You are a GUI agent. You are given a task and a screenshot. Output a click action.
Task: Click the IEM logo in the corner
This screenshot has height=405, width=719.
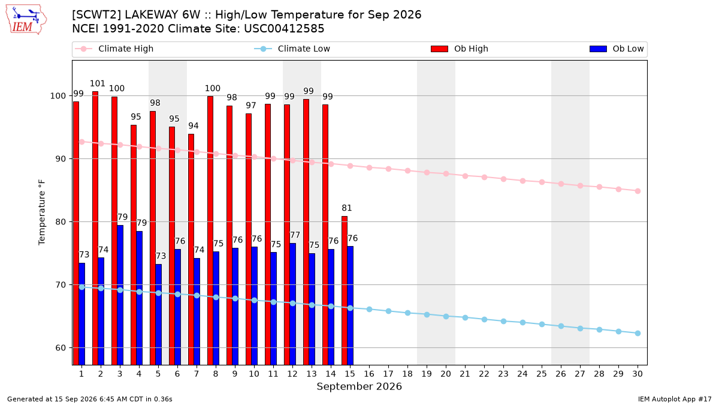coord(26,20)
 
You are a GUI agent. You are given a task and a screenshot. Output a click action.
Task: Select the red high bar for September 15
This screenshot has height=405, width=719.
coord(345,290)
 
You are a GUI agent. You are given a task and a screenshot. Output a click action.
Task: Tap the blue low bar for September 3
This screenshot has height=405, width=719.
coord(120,295)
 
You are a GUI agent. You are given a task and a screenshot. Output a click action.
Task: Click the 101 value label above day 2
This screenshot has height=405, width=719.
coord(98,83)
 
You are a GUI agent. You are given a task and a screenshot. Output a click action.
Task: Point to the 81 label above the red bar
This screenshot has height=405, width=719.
coord(347,208)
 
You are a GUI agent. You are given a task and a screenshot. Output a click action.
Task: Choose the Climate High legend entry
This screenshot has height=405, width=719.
coord(114,49)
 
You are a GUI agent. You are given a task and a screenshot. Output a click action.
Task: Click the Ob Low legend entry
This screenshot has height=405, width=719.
coord(617,49)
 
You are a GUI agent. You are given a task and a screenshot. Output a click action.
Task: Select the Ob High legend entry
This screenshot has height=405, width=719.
coord(460,49)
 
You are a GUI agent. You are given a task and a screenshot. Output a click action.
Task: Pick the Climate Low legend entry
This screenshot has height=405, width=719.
coord(292,49)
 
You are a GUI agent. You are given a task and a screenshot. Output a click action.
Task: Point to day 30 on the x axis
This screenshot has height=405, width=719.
coord(638,374)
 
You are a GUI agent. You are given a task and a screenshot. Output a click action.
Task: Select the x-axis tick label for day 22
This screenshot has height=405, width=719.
coord(484,374)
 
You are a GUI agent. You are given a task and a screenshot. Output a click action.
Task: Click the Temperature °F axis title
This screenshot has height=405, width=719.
coord(42,213)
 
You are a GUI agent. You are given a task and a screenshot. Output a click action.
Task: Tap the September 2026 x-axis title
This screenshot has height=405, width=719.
coord(359,386)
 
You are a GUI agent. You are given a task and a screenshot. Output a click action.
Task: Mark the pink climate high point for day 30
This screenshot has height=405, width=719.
coord(638,191)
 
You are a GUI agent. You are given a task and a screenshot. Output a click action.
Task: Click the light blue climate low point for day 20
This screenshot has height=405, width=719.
coord(446,317)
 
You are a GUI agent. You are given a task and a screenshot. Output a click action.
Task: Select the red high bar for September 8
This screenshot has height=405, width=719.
coord(210,230)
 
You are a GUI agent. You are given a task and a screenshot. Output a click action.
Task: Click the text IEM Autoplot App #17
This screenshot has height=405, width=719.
coord(675,399)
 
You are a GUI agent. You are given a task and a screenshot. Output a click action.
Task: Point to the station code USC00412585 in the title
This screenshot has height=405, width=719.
coord(284,29)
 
